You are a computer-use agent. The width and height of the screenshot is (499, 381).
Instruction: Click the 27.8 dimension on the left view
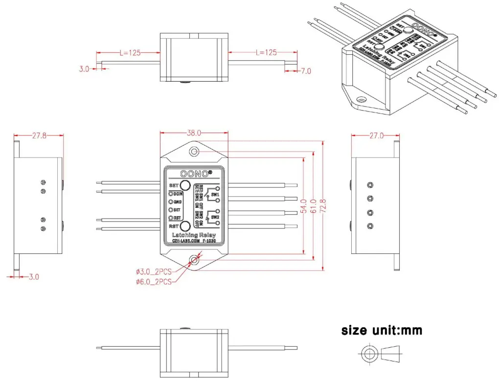(40, 136)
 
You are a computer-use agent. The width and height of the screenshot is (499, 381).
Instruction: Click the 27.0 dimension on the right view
(376, 136)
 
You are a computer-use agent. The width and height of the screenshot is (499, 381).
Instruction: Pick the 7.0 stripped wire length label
(306, 71)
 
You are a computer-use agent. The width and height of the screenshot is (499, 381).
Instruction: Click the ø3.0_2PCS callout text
(154, 271)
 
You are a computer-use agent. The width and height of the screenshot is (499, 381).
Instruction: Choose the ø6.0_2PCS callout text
(154, 281)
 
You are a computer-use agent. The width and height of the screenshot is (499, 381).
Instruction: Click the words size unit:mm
(382, 331)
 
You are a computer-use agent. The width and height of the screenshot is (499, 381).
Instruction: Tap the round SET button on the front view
(185, 185)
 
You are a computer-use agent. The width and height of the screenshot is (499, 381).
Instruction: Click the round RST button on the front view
(185, 226)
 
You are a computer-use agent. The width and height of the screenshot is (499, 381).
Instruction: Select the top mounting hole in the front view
(194, 152)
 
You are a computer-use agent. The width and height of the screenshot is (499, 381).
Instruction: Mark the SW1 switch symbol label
(216, 194)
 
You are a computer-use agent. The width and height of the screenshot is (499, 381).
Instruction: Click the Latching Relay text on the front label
(194, 235)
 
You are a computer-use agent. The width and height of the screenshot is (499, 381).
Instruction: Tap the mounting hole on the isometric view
(362, 100)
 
